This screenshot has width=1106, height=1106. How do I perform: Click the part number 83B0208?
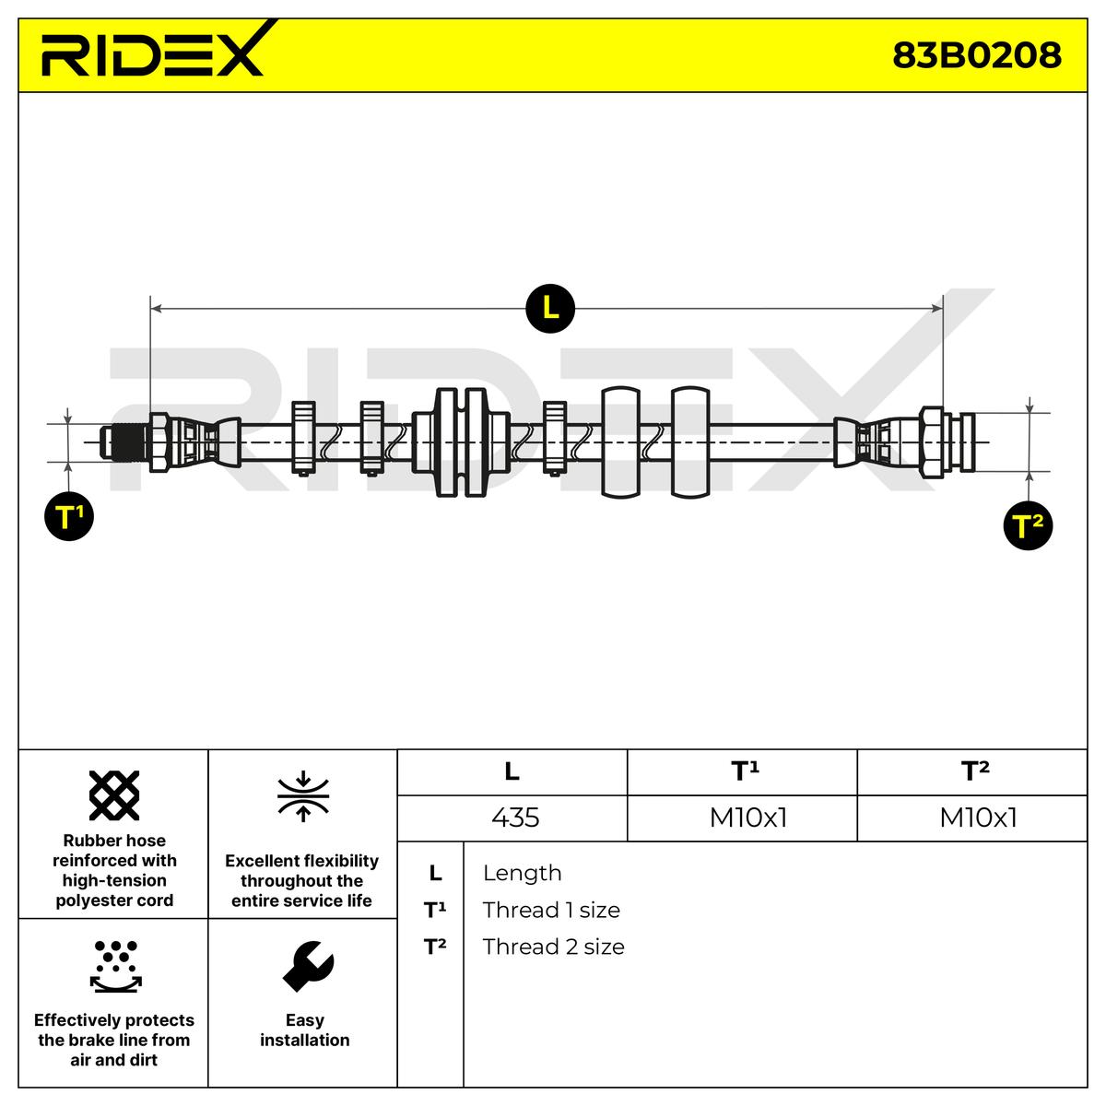point(976,55)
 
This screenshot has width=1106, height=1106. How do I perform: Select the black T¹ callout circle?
point(69,517)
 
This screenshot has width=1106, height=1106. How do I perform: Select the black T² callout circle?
point(1028,526)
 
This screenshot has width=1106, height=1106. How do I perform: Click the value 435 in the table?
point(515,818)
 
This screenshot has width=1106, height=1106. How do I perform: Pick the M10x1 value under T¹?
point(747,818)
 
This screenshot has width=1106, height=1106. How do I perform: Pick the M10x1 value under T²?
point(977,818)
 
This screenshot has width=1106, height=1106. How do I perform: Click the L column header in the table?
point(512,771)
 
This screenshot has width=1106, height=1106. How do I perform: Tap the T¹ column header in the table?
point(745,771)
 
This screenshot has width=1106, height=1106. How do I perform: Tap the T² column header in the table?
point(974,771)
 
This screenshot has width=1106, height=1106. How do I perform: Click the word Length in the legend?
point(522,873)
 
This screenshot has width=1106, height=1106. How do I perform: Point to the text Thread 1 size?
point(551,910)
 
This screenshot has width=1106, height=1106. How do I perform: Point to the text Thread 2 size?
point(553,947)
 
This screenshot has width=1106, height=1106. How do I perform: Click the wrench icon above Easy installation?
point(307,965)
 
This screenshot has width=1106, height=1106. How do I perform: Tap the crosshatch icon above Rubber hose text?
point(114,795)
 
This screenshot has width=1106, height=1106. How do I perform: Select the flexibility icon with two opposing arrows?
point(303,795)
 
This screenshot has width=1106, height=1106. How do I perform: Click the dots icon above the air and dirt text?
point(115,965)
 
